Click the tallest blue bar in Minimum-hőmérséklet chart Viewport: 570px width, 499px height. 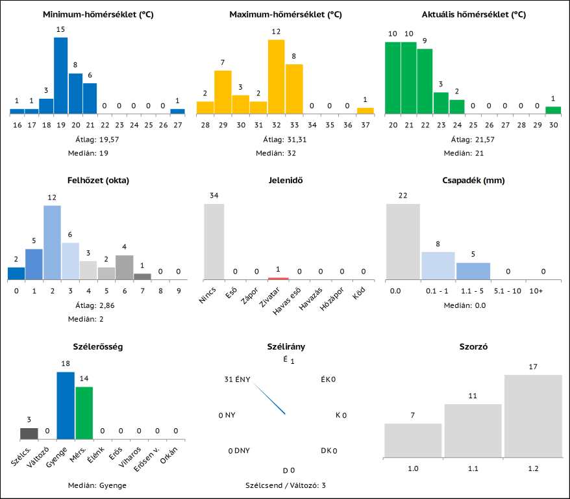(60, 75)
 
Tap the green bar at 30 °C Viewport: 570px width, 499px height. (552, 110)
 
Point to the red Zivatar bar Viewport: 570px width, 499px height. (278, 278)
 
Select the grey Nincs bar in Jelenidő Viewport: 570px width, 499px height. (214, 242)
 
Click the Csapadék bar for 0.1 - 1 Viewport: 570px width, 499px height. (438, 265)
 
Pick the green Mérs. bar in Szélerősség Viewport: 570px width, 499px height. (84, 413)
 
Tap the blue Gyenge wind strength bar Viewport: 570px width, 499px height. (66, 406)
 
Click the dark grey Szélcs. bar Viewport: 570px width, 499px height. (29, 434)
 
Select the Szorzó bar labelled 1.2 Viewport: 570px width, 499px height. (533, 416)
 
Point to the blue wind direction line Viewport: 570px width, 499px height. (269, 399)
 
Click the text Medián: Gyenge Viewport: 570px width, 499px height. (97, 485)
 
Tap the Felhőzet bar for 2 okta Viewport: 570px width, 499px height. (52, 242)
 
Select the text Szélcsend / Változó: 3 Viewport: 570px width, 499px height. (286, 485)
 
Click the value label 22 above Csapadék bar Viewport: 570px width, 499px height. (403, 196)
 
